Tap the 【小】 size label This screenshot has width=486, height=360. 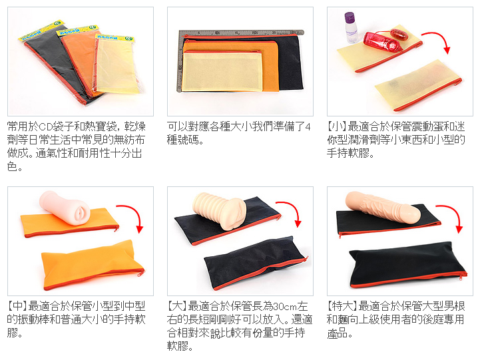337,126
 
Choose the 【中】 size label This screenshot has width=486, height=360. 17,306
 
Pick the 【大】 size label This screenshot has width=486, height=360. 177,306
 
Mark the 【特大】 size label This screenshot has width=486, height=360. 342,306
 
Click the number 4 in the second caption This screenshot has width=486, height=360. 308,127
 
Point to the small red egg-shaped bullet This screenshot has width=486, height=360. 399,34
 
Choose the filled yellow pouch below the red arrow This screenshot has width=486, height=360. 419,85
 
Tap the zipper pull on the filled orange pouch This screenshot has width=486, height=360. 142,272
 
